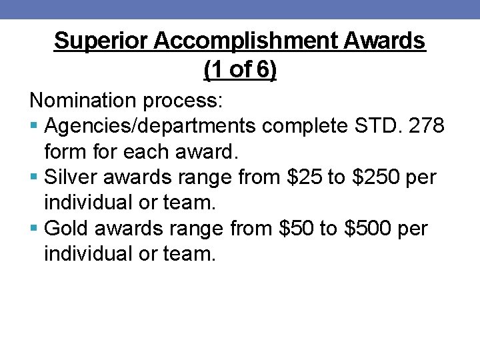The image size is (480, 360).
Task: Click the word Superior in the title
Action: (101, 41)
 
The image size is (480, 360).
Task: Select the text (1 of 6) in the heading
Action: (239, 69)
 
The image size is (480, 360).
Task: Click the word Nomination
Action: (83, 101)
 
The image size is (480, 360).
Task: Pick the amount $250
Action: (371, 178)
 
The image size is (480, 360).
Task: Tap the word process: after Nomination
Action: (184, 101)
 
